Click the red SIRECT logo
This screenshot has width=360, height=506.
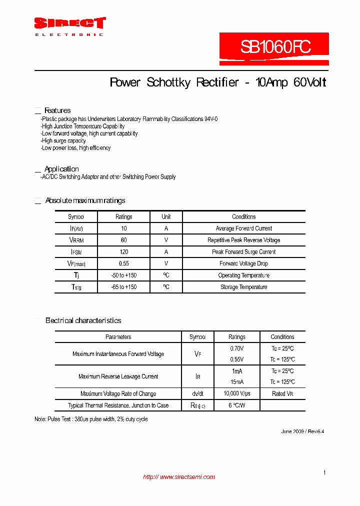click(x=69, y=23)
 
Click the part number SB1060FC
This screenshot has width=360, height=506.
click(x=275, y=47)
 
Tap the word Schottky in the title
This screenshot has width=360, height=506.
click(x=168, y=82)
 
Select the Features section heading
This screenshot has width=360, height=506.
click(x=57, y=110)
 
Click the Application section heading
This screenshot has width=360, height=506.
click(x=61, y=169)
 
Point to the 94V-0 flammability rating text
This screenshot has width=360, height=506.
click(x=211, y=119)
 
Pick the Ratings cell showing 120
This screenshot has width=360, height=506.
click(x=124, y=252)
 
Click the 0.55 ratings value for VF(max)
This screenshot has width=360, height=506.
click(x=124, y=263)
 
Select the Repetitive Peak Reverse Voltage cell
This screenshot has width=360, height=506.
click(x=244, y=240)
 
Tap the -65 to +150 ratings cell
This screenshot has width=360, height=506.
click(x=124, y=287)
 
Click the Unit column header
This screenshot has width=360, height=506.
click(x=166, y=216)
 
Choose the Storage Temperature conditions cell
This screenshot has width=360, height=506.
click(x=244, y=287)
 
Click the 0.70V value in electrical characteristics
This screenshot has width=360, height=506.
click(x=237, y=348)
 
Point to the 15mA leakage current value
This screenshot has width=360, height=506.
click(x=237, y=382)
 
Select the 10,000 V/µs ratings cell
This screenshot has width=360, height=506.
click(x=237, y=394)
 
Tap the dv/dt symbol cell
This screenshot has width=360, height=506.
click(x=197, y=394)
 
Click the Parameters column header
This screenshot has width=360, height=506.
click(x=118, y=337)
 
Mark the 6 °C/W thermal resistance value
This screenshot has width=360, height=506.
click(x=237, y=405)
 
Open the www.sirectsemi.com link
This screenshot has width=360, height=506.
click(x=179, y=477)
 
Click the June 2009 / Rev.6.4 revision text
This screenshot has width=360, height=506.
click(x=302, y=431)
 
